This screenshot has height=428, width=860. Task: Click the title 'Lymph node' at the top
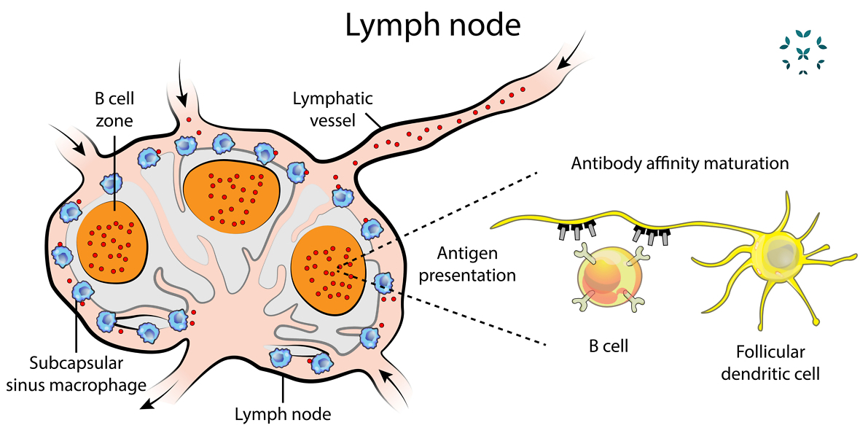coord(433,26)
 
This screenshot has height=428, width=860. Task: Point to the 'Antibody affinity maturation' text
coord(679,163)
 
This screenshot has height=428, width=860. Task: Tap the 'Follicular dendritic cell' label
coord(770,363)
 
